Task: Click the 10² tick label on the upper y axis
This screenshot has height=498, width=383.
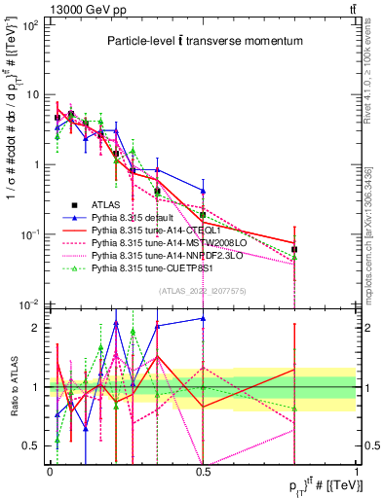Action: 29,25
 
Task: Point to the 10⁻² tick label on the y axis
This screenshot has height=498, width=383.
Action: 29,304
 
